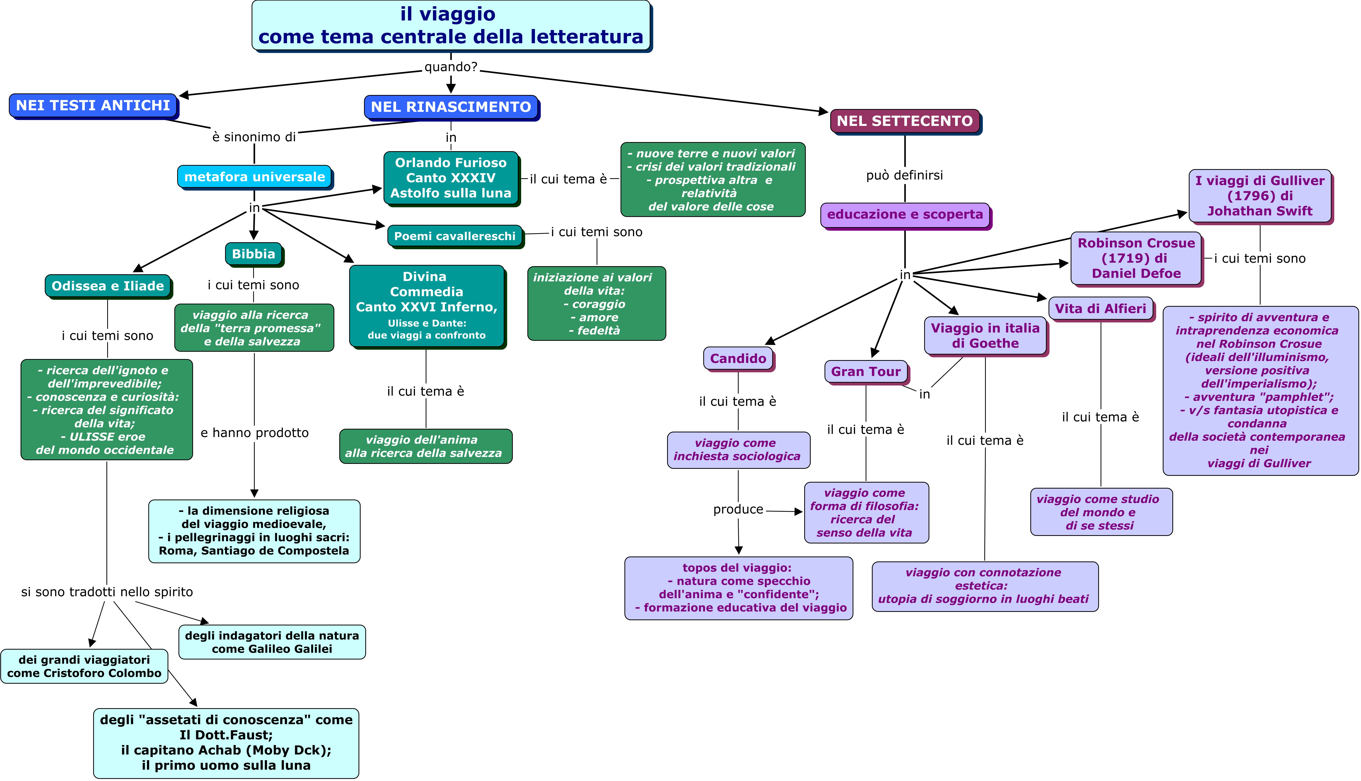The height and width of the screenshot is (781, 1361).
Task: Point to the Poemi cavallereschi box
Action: pyautogui.click(x=454, y=236)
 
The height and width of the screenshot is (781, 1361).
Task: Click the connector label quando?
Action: pyautogui.click(x=451, y=67)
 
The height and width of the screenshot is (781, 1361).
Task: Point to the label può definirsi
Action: pyautogui.click(x=904, y=175)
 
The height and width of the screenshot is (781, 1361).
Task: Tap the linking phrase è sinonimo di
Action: pyautogui.click(x=254, y=137)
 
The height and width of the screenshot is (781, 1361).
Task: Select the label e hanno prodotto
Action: pyautogui.click(x=254, y=433)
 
